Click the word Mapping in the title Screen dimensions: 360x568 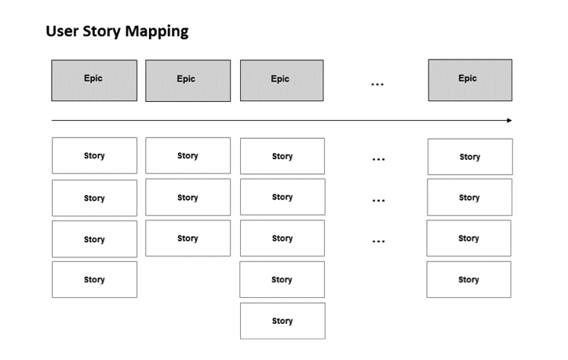click(155, 31)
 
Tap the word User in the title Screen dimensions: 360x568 click(61, 31)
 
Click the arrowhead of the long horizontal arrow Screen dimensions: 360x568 click(508, 120)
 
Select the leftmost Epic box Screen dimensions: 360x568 click(94, 80)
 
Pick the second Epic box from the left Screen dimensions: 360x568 click(188, 81)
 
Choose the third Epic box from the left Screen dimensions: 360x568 click(281, 81)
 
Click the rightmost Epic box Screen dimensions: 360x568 click(469, 80)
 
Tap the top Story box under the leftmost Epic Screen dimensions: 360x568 click(94, 155)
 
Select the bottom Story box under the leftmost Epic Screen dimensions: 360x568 click(94, 279)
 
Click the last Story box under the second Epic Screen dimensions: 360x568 click(188, 238)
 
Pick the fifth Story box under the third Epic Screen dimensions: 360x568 click(282, 321)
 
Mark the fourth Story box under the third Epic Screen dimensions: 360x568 click(282, 279)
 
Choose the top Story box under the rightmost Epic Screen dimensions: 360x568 click(469, 157)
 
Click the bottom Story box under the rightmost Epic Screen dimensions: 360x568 click(468, 279)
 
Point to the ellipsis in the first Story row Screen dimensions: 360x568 click(378, 160)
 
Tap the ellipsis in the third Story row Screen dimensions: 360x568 click(378, 242)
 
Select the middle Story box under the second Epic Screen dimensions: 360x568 click(188, 197)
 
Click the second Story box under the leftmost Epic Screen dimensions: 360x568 click(94, 198)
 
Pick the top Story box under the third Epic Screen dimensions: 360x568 click(282, 156)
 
